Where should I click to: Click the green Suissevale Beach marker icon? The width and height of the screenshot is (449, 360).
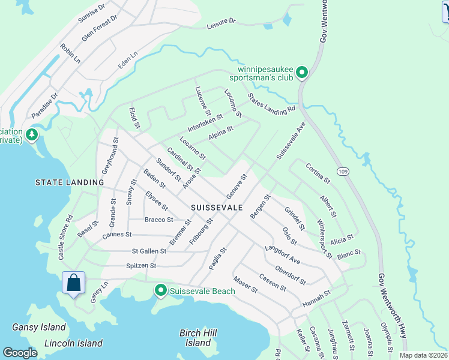(x=160, y=291)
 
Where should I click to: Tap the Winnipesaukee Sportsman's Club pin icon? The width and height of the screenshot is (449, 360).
(x=302, y=73)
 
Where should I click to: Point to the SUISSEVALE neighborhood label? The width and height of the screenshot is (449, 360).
(x=217, y=207)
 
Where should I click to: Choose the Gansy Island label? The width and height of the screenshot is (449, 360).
(x=38, y=328)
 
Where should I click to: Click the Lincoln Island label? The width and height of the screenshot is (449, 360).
(x=73, y=344)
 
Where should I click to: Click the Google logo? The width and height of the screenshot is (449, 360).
(x=20, y=353)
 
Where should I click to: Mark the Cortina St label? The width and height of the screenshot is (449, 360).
(x=318, y=173)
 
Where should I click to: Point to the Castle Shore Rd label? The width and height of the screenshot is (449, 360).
(x=65, y=238)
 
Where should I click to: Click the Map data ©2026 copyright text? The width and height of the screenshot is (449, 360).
(x=423, y=355)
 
